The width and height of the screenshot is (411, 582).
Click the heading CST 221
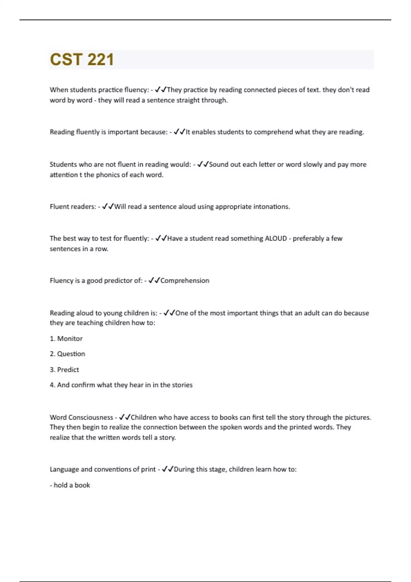tap(82, 60)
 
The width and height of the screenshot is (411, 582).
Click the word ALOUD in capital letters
tap(276, 239)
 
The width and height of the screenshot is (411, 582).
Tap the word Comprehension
tap(185, 281)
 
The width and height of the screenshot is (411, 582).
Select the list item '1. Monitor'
tap(66, 339)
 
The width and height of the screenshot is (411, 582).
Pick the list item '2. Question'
tap(67, 354)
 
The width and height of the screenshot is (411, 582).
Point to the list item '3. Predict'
tap(64, 370)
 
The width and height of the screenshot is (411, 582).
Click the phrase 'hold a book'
tap(72, 485)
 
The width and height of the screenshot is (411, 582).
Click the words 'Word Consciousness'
tap(81, 417)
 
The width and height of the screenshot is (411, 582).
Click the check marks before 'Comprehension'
tap(154, 281)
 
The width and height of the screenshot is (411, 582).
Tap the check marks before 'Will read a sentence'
tap(108, 207)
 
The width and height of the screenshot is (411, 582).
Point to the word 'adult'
tap(310, 313)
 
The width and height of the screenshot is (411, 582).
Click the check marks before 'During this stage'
tap(167, 469)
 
